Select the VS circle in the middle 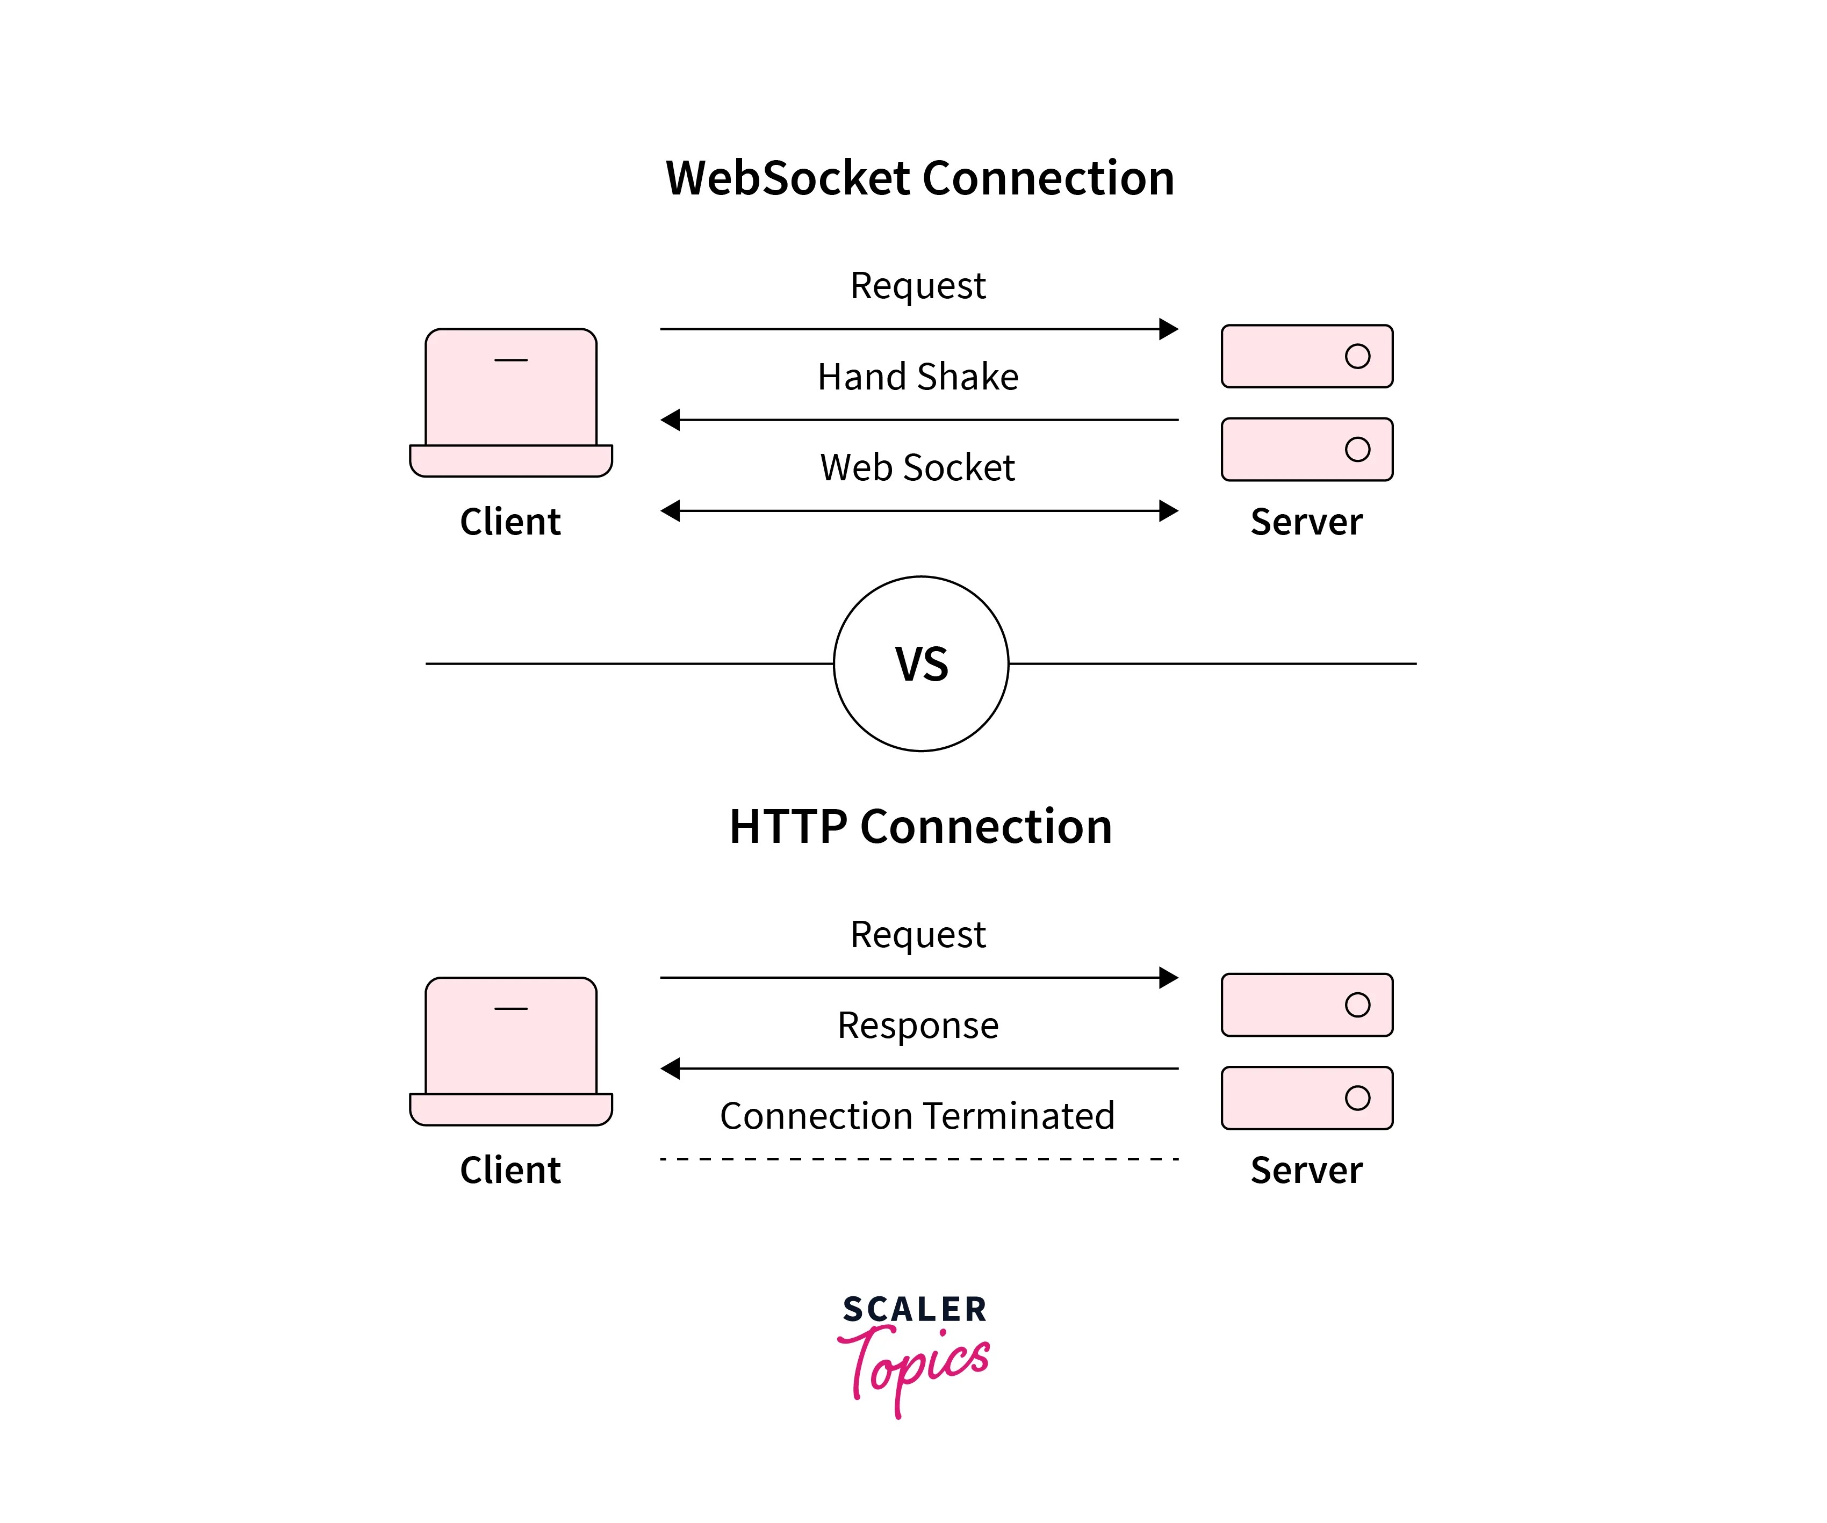point(920,663)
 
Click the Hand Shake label point(918,377)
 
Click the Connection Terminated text point(917,1116)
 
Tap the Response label point(918,1026)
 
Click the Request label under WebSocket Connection point(918,286)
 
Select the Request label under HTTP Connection point(918,935)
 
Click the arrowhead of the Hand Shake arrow point(670,420)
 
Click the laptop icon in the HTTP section point(510,1051)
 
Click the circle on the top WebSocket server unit point(1357,356)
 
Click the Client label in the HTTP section point(510,1170)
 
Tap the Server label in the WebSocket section point(1306,522)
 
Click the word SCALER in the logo point(915,1310)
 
